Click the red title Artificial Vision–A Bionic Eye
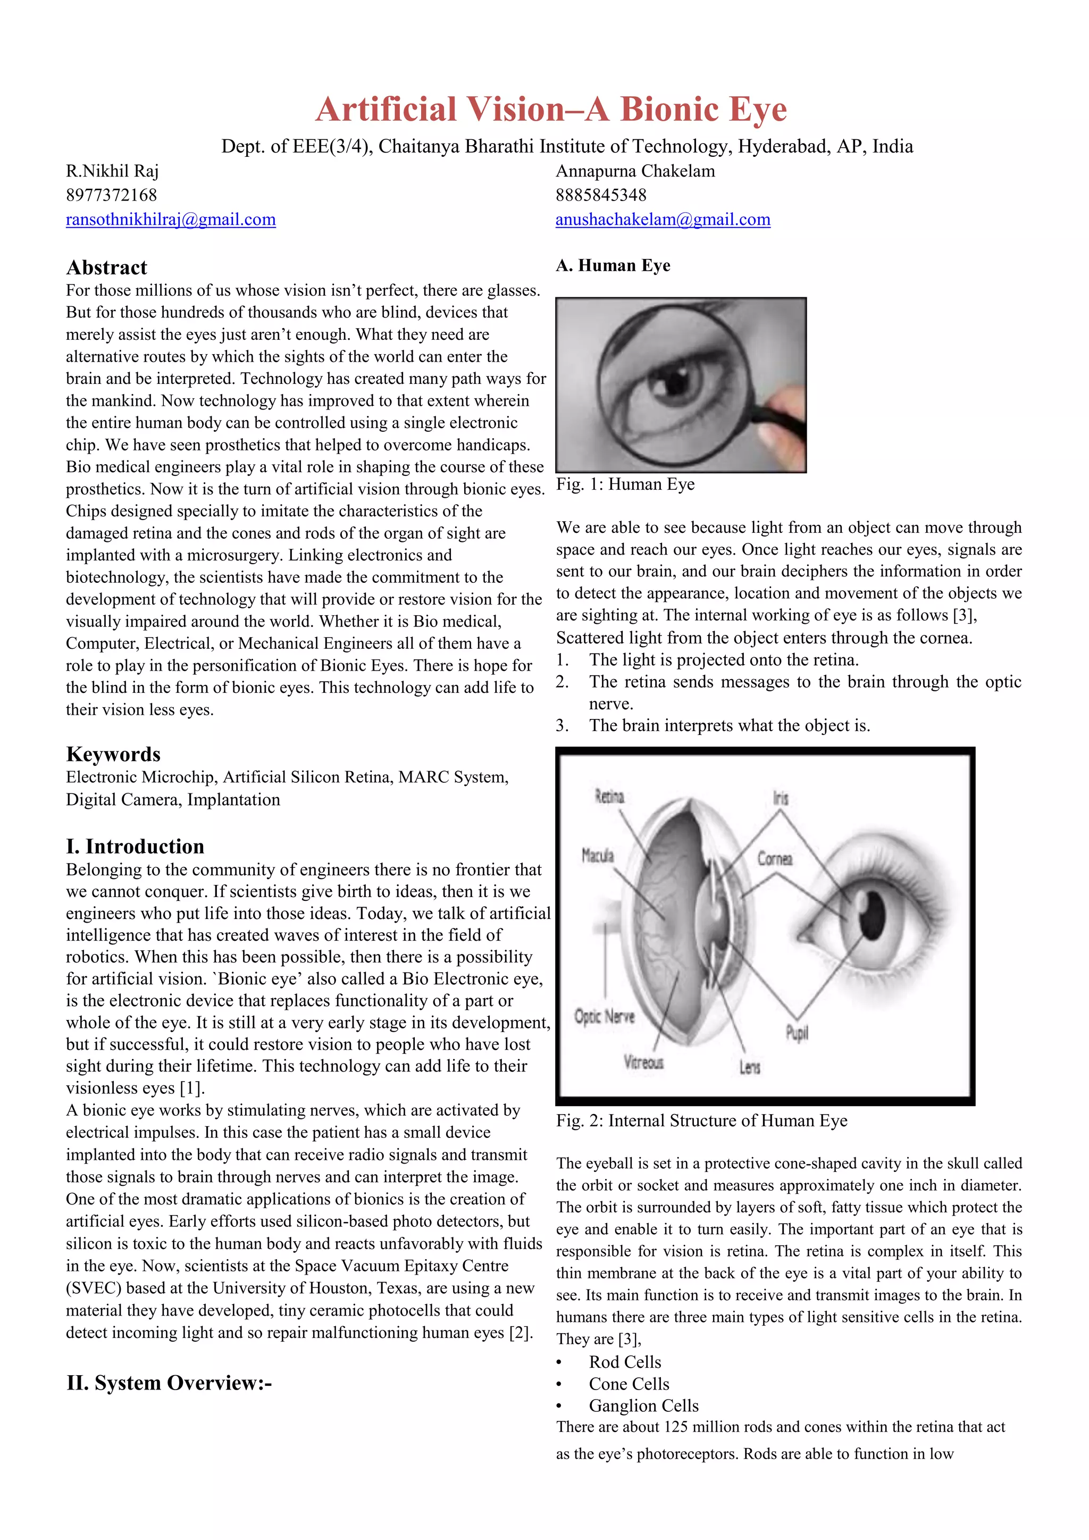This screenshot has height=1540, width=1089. click(x=550, y=110)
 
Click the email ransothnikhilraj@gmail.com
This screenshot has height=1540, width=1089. click(x=170, y=219)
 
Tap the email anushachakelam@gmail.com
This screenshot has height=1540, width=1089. click(x=663, y=219)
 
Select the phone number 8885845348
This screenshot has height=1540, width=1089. click(x=601, y=195)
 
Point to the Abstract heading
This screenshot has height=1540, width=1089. click(x=107, y=267)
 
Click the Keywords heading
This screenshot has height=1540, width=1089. click(x=113, y=754)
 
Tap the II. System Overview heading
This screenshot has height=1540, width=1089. click(x=169, y=1383)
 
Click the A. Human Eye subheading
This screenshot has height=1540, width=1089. click(x=613, y=265)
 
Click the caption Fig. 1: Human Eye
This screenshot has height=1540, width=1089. click(x=625, y=484)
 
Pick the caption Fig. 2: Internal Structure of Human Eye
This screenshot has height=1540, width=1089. click(x=701, y=1121)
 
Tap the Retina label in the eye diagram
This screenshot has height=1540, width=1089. click(x=609, y=797)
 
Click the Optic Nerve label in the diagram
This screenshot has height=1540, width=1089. click(x=604, y=1017)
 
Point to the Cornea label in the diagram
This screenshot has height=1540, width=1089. click(x=775, y=858)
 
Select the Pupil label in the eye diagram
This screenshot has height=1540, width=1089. click(x=797, y=1034)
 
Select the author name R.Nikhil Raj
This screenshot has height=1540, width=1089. click(x=112, y=171)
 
